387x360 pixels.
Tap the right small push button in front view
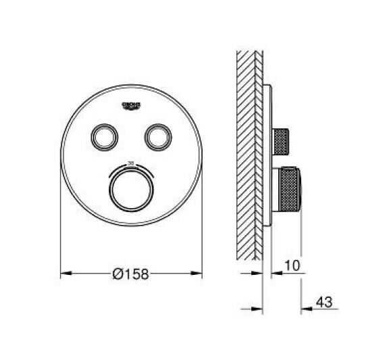coord(157,136)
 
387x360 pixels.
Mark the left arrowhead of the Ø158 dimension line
coord(66,274)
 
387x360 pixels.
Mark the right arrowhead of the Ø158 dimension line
coord(198,274)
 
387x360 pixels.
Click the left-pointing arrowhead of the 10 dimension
coord(276,274)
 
